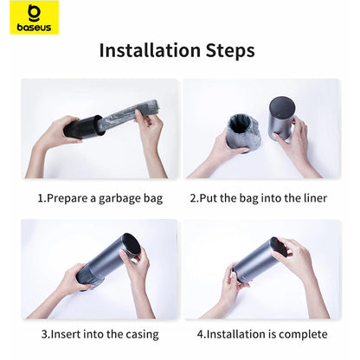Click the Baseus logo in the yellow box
(x=34, y=17)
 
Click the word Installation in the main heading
(x=150, y=50)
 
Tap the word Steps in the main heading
(x=230, y=51)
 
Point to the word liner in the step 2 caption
(x=315, y=198)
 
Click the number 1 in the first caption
(x=41, y=198)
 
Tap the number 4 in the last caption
(x=201, y=335)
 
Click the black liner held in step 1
(x=83, y=127)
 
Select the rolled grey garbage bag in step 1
(x=130, y=115)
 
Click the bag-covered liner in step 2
(x=244, y=132)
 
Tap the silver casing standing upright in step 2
(x=280, y=118)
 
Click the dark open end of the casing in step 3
(x=132, y=245)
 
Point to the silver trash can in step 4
(x=259, y=260)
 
